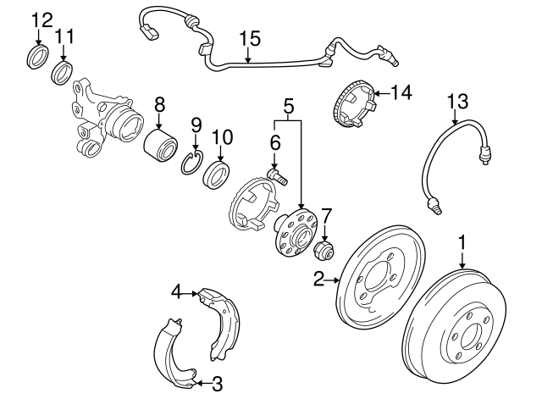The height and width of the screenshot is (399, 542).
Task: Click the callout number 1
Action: pos(462,243)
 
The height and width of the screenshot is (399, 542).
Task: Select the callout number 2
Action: pos(319,277)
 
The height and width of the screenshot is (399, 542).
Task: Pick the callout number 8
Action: pos(158,105)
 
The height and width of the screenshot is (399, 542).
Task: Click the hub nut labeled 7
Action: pos(325,252)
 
